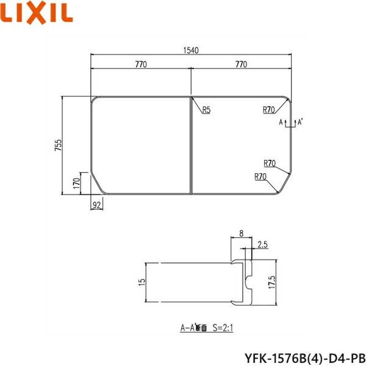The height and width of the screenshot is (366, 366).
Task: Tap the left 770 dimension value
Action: point(142,63)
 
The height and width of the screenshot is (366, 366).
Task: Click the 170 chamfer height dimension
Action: point(76,182)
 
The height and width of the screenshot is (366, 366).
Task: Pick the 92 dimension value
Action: point(97,205)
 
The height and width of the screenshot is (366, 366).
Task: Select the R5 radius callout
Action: point(206,110)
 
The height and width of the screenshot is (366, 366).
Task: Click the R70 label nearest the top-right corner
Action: point(269,110)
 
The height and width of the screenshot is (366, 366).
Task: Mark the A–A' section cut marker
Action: point(291,123)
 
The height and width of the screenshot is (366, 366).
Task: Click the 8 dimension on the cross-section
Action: point(242,233)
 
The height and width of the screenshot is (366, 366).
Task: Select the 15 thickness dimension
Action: point(142,282)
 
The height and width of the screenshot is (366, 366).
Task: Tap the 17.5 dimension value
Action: point(271,281)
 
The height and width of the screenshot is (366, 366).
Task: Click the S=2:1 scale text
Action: point(223,328)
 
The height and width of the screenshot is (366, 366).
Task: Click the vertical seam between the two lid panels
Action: point(192,145)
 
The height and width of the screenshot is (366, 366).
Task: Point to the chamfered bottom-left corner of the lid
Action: point(97,184)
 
